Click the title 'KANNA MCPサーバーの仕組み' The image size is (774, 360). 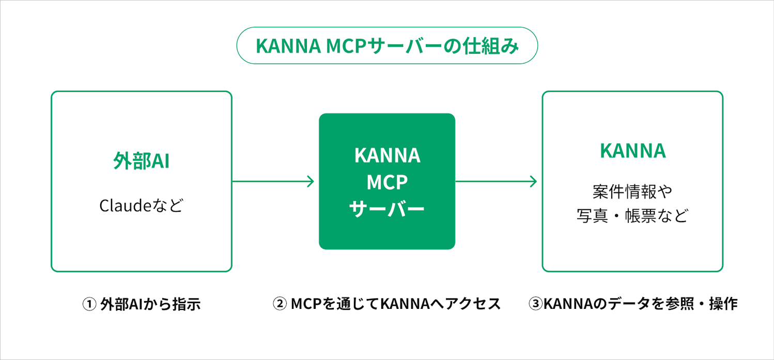pyautogui.click(x=387, y=46)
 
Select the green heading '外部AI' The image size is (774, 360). pyautogui.click(x=142, y=161)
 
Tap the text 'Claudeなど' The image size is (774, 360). pyautogui.click(x=142, y=206)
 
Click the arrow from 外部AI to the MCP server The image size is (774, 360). pyautogui.click(x=273, y=181)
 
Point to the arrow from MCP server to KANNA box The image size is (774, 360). pyautogui.click(x=496, y=181)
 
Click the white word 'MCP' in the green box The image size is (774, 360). pyautogui.click(x=387, y=182)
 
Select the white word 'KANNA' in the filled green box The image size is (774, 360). pyautogui.click(x=387, y=155)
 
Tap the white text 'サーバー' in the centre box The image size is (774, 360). pyautogui.click(x=387, y=209)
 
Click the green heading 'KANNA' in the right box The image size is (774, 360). pyautogui.click(x=632, y=151)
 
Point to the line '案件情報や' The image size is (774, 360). pyautogui.click(x=632, y=192)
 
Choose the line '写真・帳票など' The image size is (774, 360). pyautogui.click(x=632, y=215)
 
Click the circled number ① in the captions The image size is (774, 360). pyautogui.click(x=89, y=304)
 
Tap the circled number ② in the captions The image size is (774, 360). pyautogui.click(x=280, y=304)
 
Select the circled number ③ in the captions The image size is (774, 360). pyautogui.click(x=536, y=304)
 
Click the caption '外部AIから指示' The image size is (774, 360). pyautogui.click(x=150, y=304)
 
